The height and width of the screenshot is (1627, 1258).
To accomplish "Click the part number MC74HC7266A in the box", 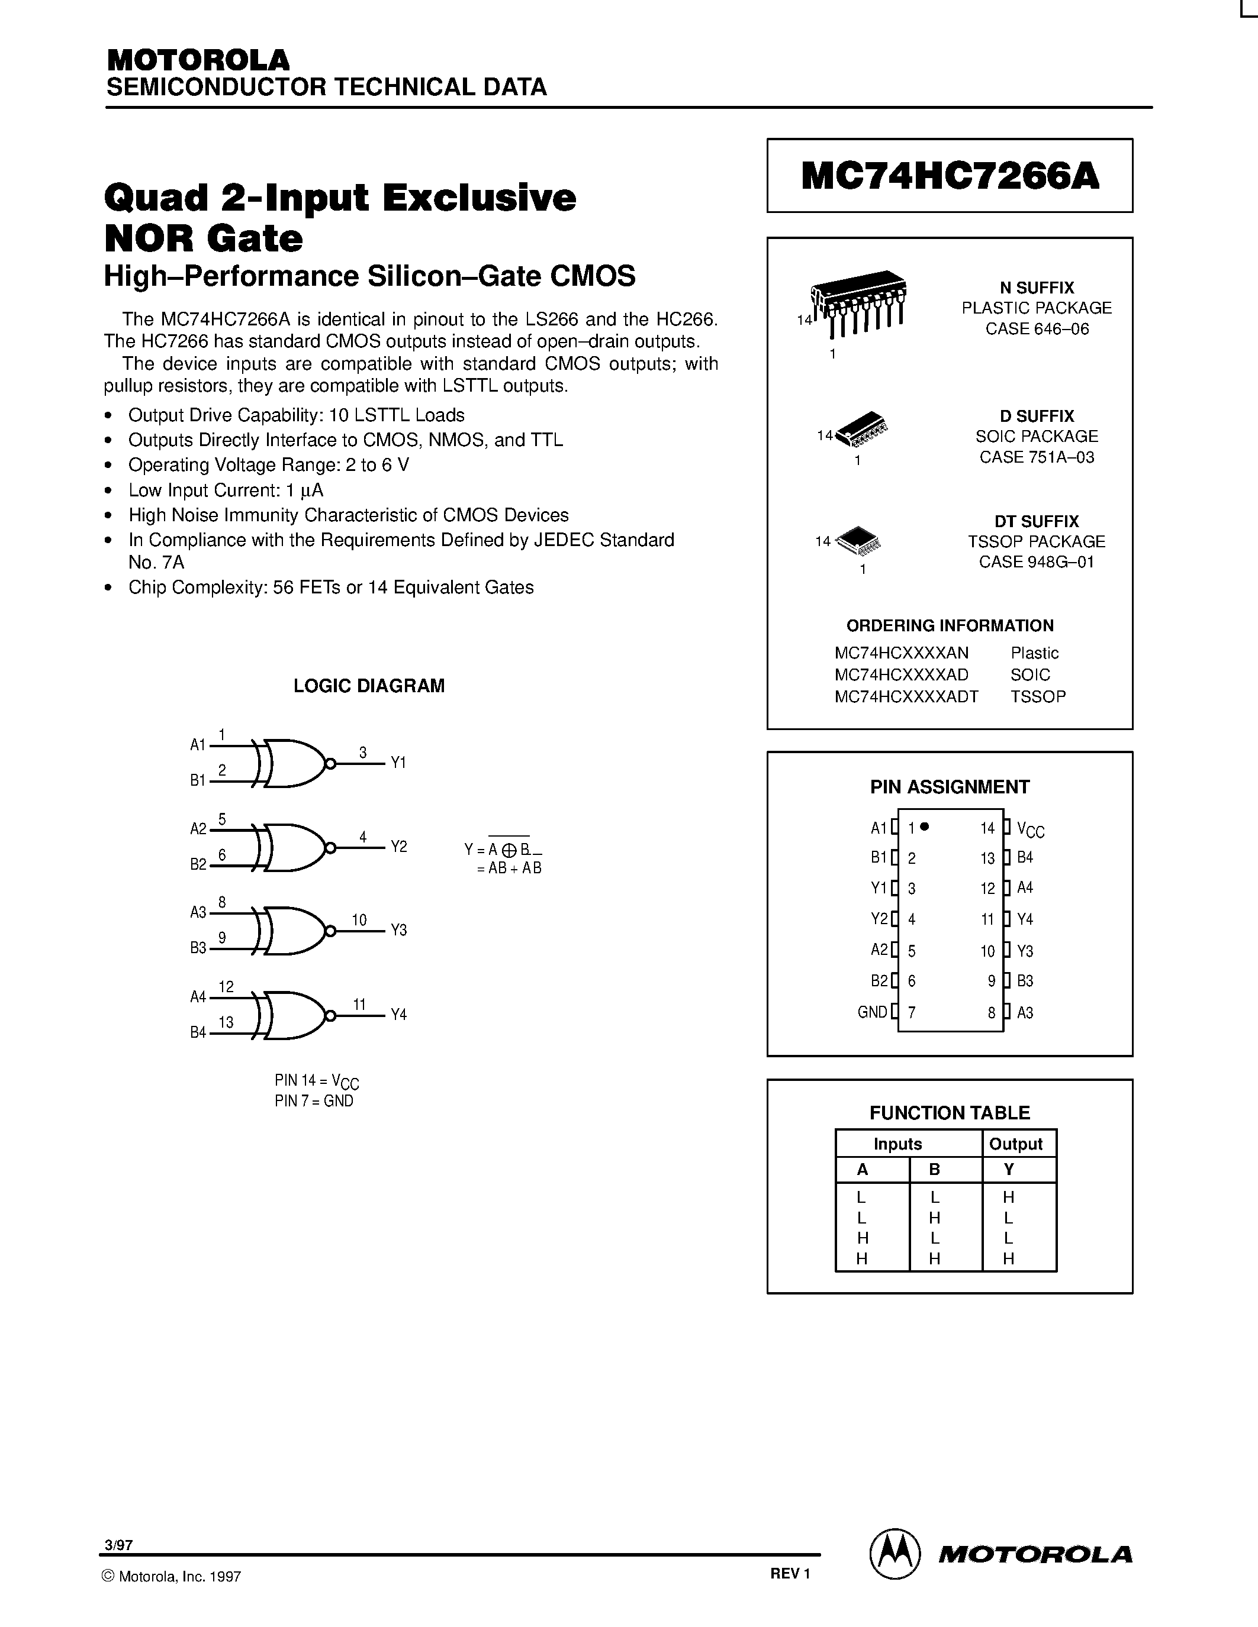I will (950, 176).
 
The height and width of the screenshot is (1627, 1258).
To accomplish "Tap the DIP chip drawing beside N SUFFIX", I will (859, 301).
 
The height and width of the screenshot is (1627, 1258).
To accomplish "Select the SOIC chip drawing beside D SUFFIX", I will (863, 429).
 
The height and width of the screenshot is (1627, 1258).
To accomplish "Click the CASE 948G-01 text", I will (1036, 561).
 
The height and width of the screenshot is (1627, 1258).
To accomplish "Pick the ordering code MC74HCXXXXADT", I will (906, 696).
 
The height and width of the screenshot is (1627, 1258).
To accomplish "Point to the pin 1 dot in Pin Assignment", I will (925, 826).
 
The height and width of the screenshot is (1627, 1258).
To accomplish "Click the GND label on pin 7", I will (872, 1012).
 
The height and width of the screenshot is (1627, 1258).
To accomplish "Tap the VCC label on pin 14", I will (1030, 829).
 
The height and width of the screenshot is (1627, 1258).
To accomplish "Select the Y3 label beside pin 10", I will (1025, 951).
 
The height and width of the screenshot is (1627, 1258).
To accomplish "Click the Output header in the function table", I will (1015, 1144).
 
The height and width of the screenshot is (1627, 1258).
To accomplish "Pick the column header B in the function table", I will (935, 1169).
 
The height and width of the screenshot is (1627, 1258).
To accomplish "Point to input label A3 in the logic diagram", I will (198, 912).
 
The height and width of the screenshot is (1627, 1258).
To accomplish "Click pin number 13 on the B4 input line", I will (226, 1022).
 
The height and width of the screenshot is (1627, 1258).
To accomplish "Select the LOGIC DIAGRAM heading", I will (369, 685).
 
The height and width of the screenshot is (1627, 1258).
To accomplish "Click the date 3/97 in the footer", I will (118, 1545).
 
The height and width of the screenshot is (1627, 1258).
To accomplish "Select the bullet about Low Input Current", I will (225, 489).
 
